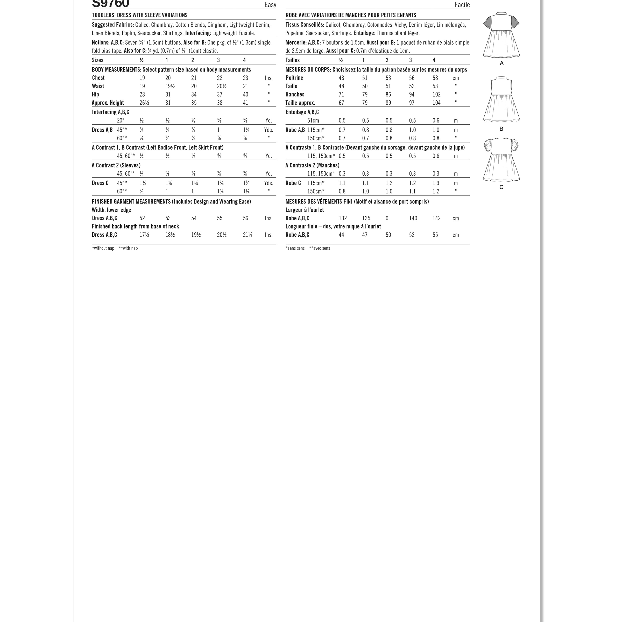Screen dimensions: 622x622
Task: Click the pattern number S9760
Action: pos(110,4)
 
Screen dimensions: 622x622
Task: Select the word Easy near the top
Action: pos(270,4)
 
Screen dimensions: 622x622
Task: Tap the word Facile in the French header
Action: pos(462,4)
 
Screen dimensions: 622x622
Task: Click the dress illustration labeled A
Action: pos(501,36)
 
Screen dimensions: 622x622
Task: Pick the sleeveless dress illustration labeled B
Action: pos(501,100)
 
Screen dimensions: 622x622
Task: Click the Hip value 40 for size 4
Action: pos(246,95)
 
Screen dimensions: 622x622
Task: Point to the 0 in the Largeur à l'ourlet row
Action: pos(387,218)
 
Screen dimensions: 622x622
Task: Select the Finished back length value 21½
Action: pos(248,235)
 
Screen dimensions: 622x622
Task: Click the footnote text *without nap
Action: pos(103,248)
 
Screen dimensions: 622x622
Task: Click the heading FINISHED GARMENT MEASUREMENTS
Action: pos(131,202)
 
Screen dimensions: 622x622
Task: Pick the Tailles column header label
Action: pos(292,60)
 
